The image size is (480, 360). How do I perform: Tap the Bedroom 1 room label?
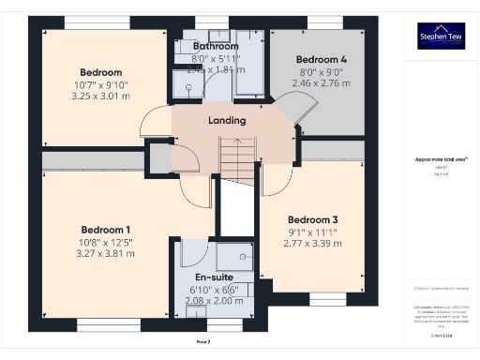coord(105,230)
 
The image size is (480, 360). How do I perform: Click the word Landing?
coord(227,120)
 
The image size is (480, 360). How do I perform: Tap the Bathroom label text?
coord(216,45)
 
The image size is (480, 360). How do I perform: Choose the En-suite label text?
coord(215,277)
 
